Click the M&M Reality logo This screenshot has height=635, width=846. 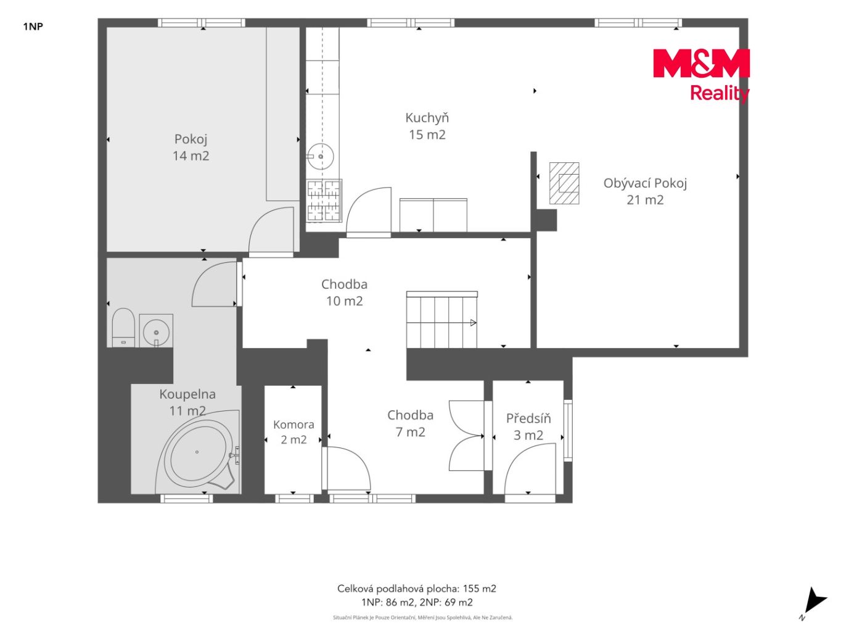pos(701,75)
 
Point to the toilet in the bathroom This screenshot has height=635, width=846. pos(123,328)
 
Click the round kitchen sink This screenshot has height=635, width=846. pos(320,157)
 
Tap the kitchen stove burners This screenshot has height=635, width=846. pos(324,201)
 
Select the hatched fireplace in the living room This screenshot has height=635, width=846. pos(564,183)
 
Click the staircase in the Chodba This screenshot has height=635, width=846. pos(441,320)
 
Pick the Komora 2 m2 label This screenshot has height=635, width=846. pos(294,432)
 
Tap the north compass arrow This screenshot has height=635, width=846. pos(815,603)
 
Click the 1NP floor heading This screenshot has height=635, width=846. pos(33,27)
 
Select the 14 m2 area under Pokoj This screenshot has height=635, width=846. pos(191,156)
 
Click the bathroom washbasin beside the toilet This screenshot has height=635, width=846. pos(156,331)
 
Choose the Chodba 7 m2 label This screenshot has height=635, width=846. pos(411,424)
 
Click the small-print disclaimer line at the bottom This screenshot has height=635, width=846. pos(423,618)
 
